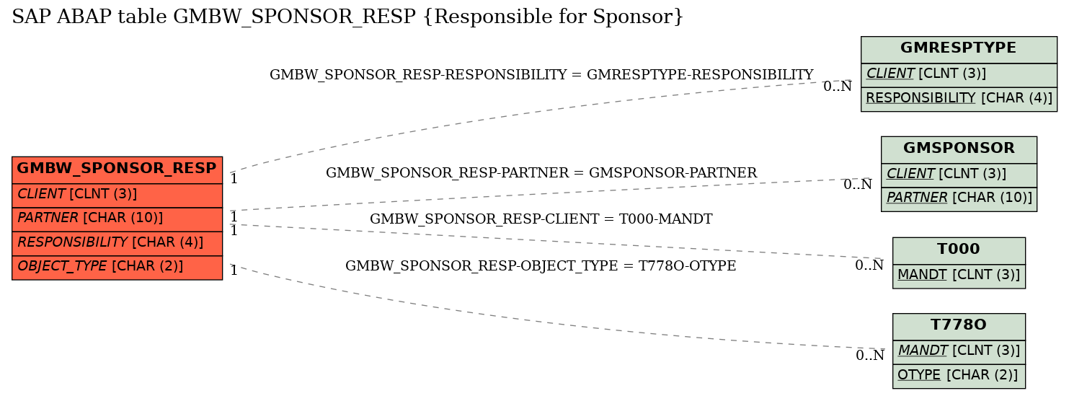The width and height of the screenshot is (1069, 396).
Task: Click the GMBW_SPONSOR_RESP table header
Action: coord(117,170)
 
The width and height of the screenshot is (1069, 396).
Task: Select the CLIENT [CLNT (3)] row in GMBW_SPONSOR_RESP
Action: coord(117,195)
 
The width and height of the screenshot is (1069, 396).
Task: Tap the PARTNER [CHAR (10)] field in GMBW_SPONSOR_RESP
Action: coord(117,219)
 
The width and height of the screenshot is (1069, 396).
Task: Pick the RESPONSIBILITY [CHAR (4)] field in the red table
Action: coord(117,244)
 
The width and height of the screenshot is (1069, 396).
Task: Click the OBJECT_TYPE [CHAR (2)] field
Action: coord(117,268)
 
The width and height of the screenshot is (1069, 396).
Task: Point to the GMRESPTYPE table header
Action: coord(958,50)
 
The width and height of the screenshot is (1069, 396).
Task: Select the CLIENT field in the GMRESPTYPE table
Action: coord(958,75)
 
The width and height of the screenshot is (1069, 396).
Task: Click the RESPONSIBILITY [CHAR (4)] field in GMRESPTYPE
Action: coord(958,99)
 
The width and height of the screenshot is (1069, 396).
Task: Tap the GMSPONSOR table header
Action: coord(958,150)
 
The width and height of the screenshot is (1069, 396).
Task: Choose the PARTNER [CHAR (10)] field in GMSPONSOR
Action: coord(958,198)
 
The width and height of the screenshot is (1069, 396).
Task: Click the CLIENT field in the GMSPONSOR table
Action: coord(958,175)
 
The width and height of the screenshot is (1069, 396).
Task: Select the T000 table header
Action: coord(958,251)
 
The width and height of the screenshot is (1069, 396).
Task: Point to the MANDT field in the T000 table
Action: coord(958,276)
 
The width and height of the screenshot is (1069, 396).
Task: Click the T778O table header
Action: coord(958,327)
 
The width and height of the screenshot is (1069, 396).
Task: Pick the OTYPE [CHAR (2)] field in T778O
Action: coord(958,376)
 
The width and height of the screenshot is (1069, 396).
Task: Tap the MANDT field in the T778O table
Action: coord(958,352)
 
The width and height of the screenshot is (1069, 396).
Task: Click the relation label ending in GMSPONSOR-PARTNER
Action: coord(541,172)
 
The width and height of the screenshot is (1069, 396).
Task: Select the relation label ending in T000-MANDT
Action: coord(541,219)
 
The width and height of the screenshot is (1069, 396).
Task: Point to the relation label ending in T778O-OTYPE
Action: coord(541,265)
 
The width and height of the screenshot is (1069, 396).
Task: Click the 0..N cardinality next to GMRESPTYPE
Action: coord(838,87)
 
